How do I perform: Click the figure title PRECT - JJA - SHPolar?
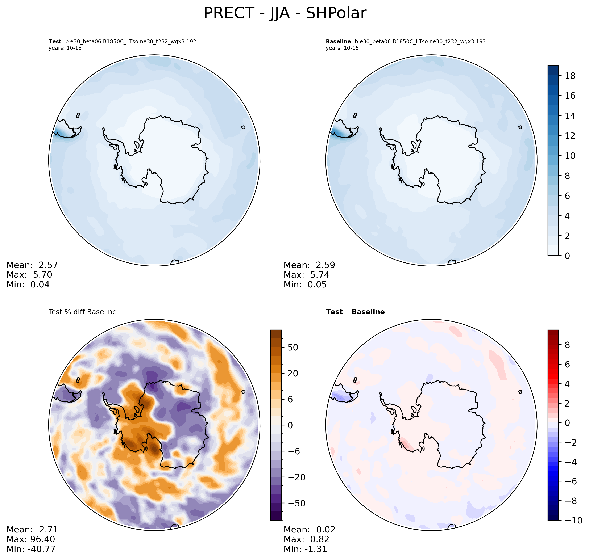coord(285,13)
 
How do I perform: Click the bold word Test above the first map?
coord(55,42)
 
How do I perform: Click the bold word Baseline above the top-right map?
coord(338,42)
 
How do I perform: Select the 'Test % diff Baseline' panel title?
coord(82,312)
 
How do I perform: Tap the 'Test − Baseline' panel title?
coord(355,312)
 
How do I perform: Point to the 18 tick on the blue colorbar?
coord(570,76)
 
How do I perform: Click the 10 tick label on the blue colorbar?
coord(570,156)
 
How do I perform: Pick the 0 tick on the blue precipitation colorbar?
coord(567,256)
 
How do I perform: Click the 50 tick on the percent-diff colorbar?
coord(293,348)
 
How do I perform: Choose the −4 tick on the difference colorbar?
coord(567,462)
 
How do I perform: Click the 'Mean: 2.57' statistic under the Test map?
coord(32,265)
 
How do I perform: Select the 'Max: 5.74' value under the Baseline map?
coord(306,275)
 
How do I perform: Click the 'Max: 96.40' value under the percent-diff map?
coord(31,539)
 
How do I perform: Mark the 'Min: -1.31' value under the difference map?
coord(305,549)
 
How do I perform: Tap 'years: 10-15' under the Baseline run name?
coord(342,48)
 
